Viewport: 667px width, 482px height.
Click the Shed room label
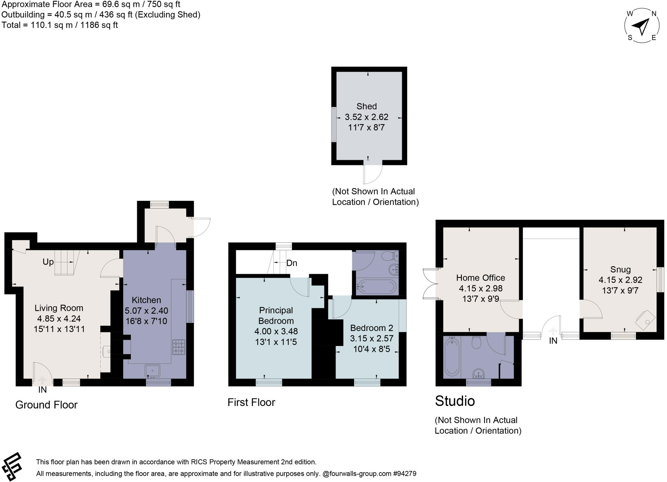(366, 106)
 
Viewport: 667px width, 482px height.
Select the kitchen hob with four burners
(178, 347)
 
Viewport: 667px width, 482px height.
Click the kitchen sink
(152, 371)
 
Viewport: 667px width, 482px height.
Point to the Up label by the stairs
(48, 262)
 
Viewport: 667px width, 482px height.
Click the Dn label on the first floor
(291, 263)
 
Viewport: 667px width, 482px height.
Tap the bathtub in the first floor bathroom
(376, 286)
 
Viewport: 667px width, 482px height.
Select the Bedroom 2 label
(372, 328)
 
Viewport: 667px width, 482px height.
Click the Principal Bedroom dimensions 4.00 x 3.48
(276, 331)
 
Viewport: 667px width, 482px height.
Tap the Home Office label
(480, 278)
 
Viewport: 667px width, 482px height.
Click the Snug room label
(620, 269)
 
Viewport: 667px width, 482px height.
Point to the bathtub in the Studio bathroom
(451, 356)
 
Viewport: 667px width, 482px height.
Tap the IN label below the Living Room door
(42, 390)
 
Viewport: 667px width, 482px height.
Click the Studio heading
(455, 401)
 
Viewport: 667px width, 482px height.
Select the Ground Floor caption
(46, 405)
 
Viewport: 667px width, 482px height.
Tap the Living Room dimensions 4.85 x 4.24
(59, 319)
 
